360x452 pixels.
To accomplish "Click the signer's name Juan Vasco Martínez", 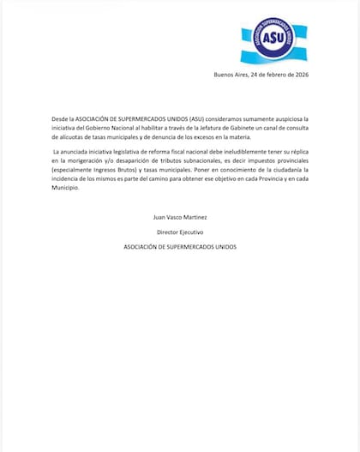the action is tap(178, 218).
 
